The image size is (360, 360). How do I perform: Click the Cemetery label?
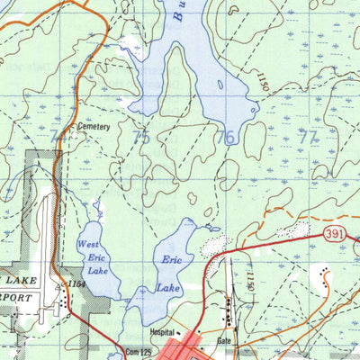(x=94, y=127)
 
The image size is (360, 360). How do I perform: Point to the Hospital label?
(x=163, y=330)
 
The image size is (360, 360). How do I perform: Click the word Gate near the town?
(x=225, y=343)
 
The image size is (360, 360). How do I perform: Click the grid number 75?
(x=140, y=138)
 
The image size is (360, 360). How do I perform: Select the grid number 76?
(x=225, y=138)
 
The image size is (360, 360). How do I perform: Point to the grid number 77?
(x=309, y=138)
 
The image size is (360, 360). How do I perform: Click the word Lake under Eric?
(x=168, y=288)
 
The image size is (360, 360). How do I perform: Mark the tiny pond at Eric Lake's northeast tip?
(x=212, y=228)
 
